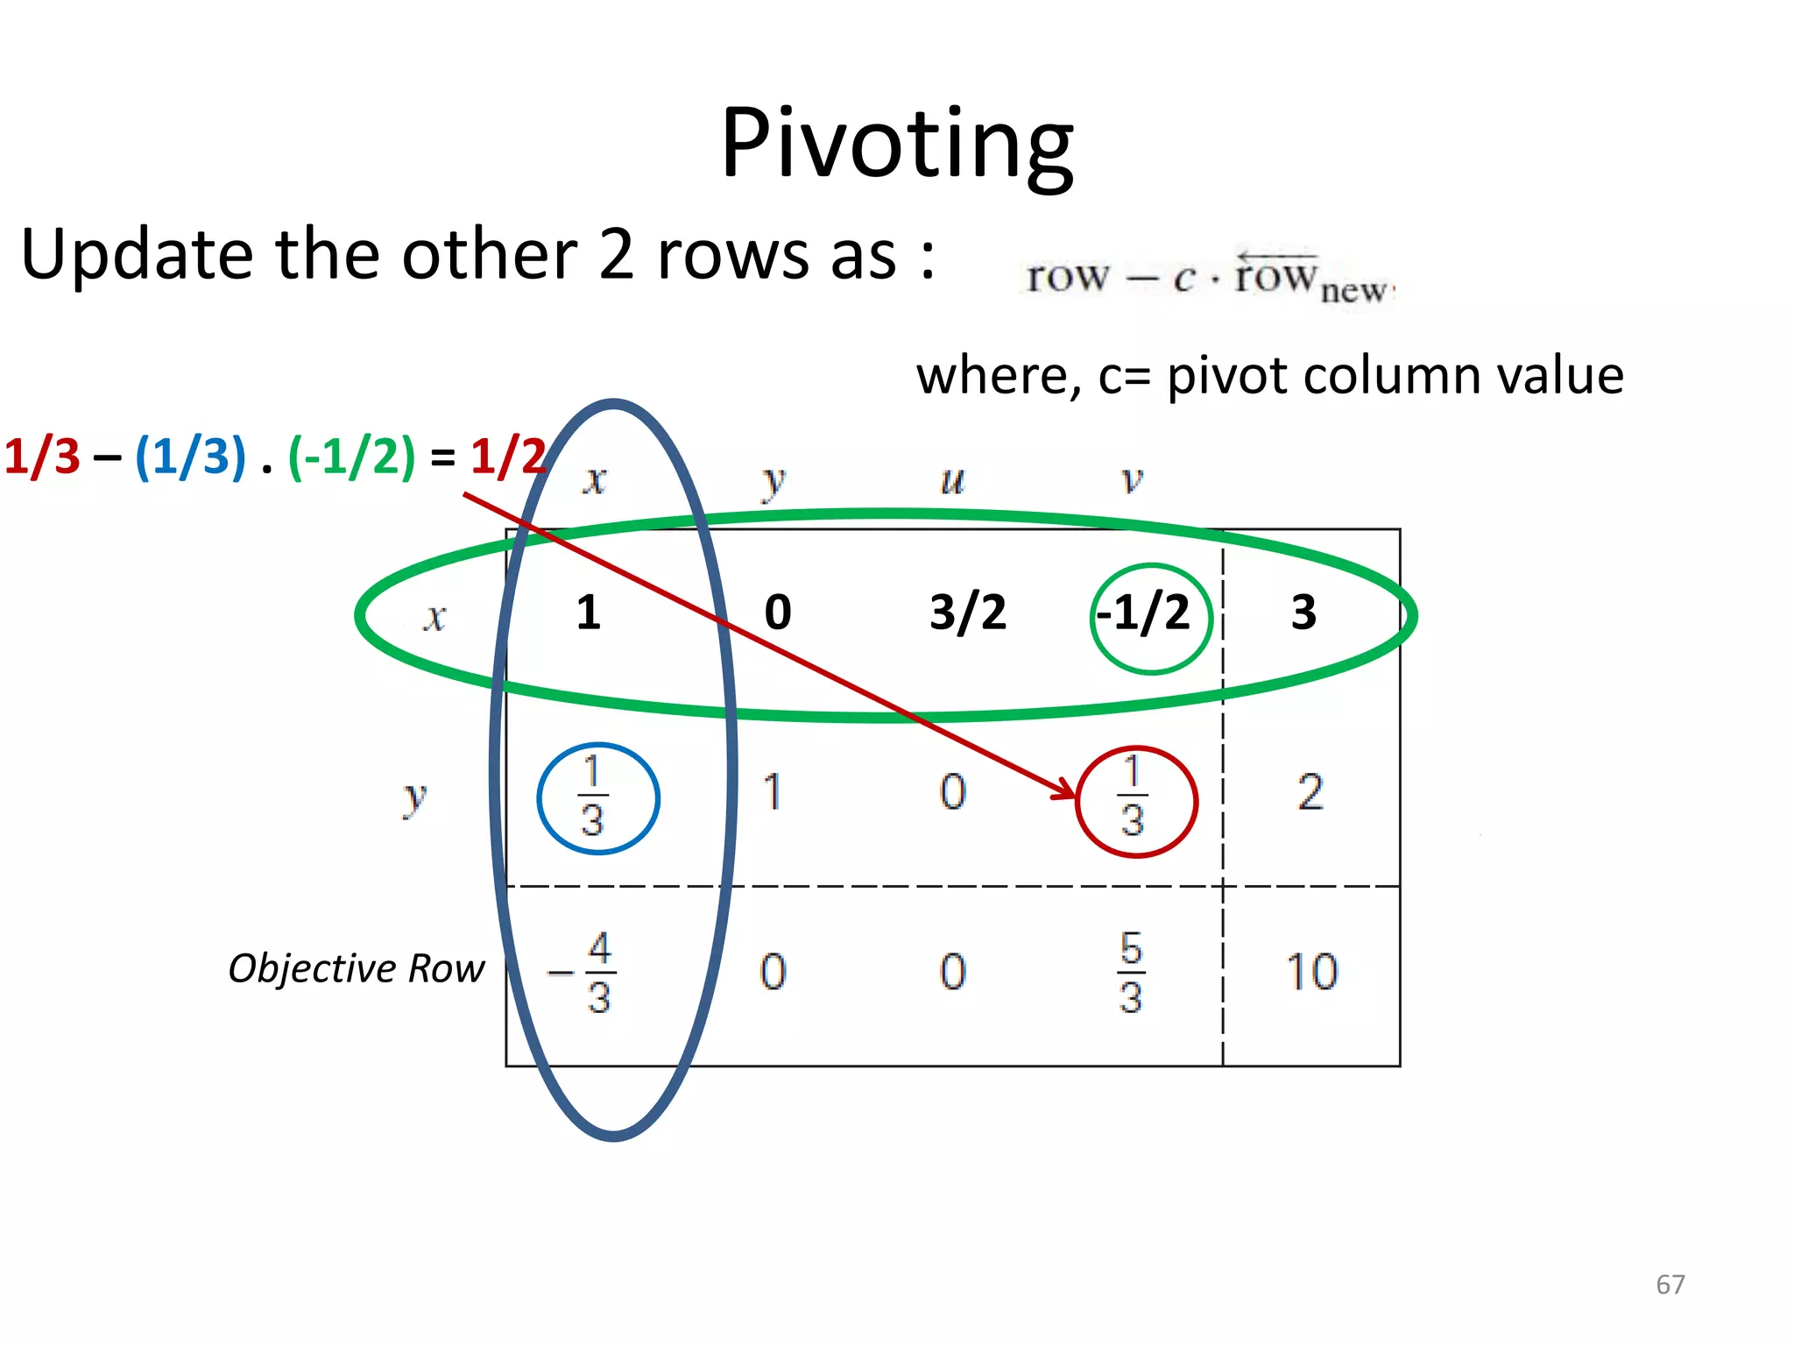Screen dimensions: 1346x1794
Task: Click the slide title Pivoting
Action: (896, 145)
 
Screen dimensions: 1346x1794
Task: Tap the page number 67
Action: (1670, 1285)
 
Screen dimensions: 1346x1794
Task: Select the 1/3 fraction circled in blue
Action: (594, 797)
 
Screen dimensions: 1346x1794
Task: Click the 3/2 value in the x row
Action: (968, 613)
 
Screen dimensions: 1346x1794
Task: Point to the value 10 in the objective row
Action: (1311, 972)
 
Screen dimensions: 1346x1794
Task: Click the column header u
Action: (952, 480)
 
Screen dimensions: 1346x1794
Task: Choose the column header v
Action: (1133, 480)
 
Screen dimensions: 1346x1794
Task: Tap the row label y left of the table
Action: (414, 797)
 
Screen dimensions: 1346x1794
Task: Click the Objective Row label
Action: (356, 968)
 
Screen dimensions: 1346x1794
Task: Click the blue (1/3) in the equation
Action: (190, 457)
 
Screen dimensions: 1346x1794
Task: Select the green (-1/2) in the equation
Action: (351, 457)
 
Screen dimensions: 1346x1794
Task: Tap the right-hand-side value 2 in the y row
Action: (1310, 792)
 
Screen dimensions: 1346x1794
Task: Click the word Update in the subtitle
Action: (139, 255)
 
